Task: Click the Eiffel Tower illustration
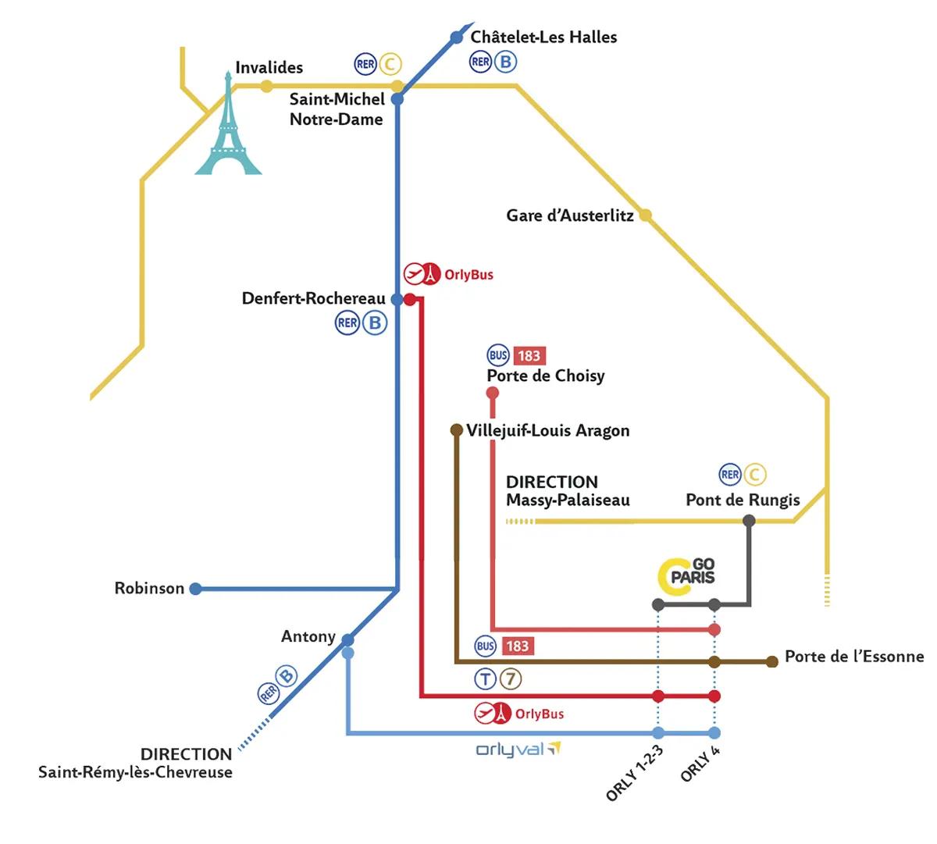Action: [x=228, y=124]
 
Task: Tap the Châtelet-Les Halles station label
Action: [x=543, y=37]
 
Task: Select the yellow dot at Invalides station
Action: [x=266, y=87]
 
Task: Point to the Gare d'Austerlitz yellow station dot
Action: [x=645, y=215]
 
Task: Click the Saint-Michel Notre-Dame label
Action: [x=337, y=109]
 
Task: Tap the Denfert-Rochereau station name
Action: [x=313, y=298]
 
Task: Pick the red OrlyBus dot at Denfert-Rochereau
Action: [x=410, y=299]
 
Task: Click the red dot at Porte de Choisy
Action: [x=493, y=394]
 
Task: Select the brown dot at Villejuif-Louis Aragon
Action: [x=456, y=430]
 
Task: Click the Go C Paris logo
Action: [x=686, y=576]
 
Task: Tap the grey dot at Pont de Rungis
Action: [x=749, y=520]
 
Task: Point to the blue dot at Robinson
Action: [x=196, y=589]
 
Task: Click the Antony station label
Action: [x=308, y=636]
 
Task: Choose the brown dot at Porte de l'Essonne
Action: [x=772, y=661]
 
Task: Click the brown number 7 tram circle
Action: [x=511, y=678]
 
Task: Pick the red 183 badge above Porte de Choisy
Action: [x=529, y=355]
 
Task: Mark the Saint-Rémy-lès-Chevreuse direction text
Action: [x=135, y=772]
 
